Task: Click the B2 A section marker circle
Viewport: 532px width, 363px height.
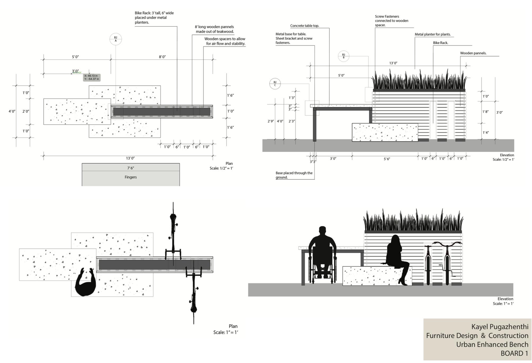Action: coord(115,39)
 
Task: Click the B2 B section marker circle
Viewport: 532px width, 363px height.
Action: coord(343,56)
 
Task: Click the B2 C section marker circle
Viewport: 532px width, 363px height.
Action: coord(275,84)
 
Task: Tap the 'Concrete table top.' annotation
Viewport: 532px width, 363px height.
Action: coord(305,26)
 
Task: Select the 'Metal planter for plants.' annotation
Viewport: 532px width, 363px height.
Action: coord(432,34)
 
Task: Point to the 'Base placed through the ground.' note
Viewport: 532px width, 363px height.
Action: coord(294,175)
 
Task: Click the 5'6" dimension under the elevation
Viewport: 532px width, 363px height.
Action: coord(387,159)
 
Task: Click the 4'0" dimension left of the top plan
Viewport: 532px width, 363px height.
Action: coord(12,111)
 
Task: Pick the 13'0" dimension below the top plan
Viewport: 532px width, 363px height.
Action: coord(130,158)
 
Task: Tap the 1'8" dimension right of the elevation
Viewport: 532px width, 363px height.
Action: coord(485,112)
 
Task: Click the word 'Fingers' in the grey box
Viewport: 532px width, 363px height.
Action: coord(131,177)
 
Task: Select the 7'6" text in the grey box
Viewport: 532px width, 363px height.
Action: coord(131,168)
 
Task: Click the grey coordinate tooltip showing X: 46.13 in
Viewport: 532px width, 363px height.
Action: coord(92,78)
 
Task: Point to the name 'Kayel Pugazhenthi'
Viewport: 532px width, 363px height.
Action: coord(500,327)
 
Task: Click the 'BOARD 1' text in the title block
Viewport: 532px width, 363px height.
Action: coord(514,353)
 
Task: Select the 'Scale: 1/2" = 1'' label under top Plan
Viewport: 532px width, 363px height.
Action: coord(221,168)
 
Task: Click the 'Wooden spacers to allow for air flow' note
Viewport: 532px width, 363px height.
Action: coord(225,41)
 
